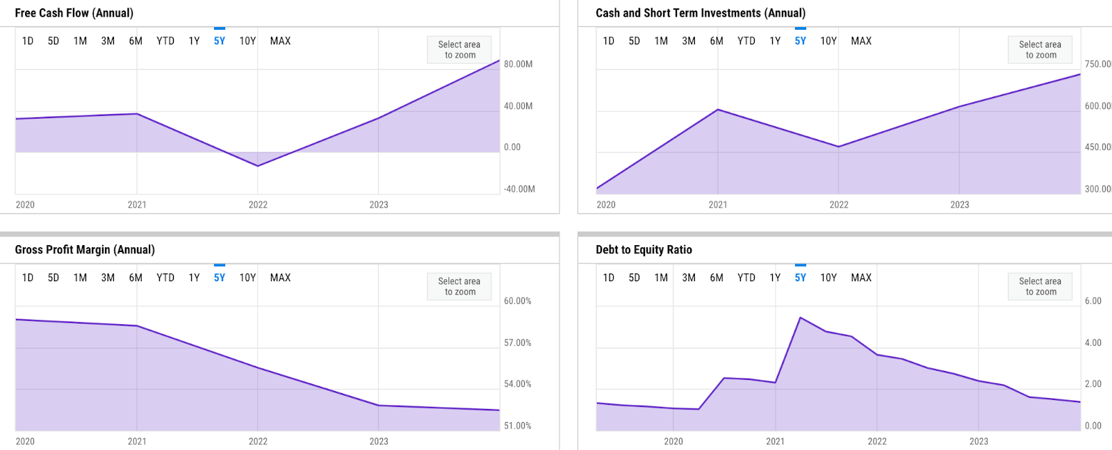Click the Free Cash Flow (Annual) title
74,13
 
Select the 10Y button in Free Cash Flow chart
247,41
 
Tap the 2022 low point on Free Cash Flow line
258,166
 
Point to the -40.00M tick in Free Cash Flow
519,189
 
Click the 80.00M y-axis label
518,64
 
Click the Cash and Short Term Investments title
700,13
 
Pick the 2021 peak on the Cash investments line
718,110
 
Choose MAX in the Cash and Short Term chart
861,41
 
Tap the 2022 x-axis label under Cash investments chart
839,205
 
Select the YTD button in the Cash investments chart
746,41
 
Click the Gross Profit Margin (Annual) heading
85,250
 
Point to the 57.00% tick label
518,343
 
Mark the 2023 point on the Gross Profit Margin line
379,406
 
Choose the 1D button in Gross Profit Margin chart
28,278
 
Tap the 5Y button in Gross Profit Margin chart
220,278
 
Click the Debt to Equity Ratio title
644,250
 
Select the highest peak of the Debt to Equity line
801,318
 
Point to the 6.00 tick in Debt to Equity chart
1093,301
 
